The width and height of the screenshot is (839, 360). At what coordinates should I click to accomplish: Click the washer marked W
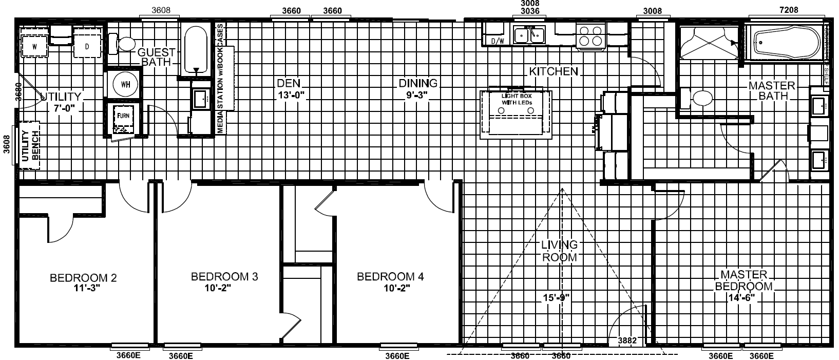pyautogui.click(x=34, y=46)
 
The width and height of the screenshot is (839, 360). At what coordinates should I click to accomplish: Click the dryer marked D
pyautogui.click(x=87, y=46)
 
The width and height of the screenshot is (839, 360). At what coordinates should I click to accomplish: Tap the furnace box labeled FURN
pyautogui.click(x=123, y=116)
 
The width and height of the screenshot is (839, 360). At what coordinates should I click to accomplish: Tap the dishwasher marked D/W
pyautogui.click(x=497, y=41)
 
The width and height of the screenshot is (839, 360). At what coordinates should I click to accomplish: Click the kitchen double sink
pyautogui.click(x=529, y=35)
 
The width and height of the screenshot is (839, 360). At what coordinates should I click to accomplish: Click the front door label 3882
pyautogui.click(x=627, y=340)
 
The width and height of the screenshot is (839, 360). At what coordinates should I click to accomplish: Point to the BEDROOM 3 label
pyautogui.click(x=224, y=276)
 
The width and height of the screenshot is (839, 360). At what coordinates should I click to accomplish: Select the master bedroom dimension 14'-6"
pyautogui.click(x=742, y=297)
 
